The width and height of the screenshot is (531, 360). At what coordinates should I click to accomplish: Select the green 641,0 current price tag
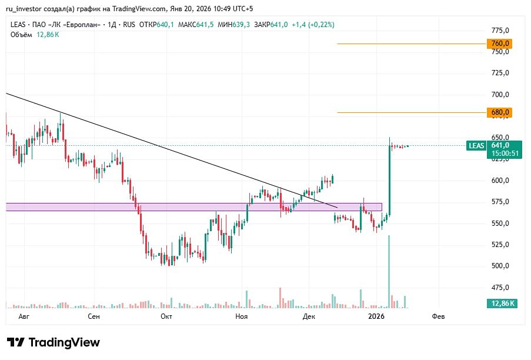(500, 145)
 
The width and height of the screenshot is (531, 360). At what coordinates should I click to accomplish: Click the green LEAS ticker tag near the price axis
(476, 146)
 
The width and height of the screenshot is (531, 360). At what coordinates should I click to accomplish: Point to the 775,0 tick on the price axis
(500, 30)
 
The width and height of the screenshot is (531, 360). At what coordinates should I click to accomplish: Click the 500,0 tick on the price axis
(500, 266)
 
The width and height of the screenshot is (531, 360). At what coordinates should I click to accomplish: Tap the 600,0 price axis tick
(500, 181)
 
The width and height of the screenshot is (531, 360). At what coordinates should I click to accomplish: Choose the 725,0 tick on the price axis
(500, 73)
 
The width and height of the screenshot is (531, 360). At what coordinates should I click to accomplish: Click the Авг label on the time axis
(24, 316)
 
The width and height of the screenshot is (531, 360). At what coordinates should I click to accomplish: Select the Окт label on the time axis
(166, 316)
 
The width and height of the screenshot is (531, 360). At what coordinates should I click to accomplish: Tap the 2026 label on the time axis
(376, 316)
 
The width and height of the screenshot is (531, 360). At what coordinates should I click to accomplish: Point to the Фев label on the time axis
(438, 316)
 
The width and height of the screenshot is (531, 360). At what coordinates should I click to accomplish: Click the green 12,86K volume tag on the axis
(501, 304)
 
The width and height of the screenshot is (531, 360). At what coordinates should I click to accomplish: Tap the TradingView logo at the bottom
(54, 342)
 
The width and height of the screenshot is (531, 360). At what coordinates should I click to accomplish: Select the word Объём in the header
(21, 35)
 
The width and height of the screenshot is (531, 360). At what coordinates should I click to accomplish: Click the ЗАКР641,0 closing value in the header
(270, 25)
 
